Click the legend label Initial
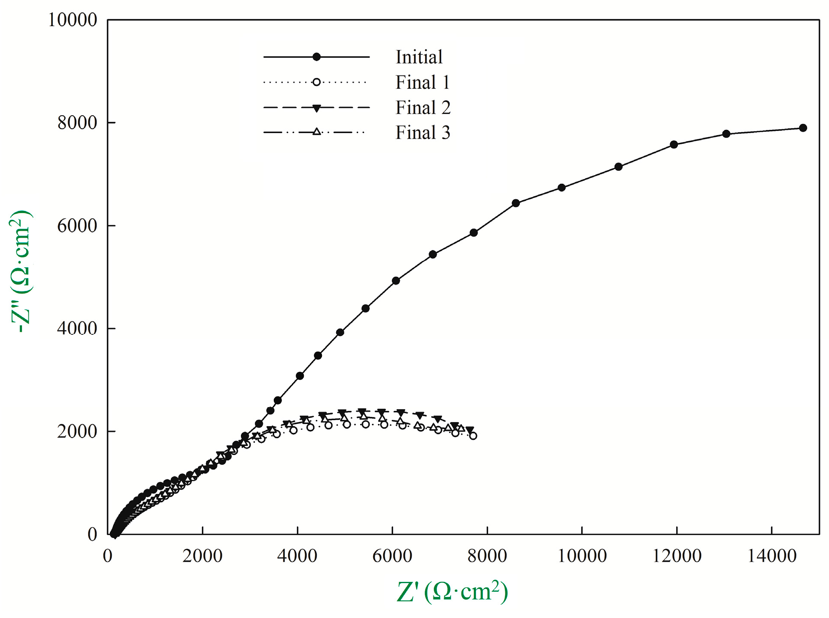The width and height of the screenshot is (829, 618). point(419,57)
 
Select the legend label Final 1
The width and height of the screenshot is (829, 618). point(423,82)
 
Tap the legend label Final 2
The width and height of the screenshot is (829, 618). point(423,108)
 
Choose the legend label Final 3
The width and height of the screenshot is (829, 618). point(423,133)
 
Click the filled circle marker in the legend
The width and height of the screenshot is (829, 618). point(316,57)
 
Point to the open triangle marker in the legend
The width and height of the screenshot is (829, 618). point(316,132)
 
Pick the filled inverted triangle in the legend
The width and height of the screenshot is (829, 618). point(316,108)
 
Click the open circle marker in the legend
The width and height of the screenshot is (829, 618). point(316,82)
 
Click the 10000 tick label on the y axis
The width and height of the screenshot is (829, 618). point(72,20)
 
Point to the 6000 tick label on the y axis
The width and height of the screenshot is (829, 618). point(77,226)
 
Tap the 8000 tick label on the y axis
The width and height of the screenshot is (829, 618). point(77,123)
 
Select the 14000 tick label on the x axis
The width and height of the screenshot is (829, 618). point(772,556)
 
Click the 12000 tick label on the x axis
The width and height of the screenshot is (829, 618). point(677,556)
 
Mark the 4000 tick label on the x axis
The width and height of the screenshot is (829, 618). point(297,556)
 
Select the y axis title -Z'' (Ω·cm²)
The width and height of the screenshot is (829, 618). point(21,271)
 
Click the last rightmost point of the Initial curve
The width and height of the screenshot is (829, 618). point(803,128)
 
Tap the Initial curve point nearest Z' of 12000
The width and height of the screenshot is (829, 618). point(674,145)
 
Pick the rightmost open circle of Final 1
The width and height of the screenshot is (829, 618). point(473,436)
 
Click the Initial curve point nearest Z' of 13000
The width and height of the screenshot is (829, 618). point(726,134)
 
